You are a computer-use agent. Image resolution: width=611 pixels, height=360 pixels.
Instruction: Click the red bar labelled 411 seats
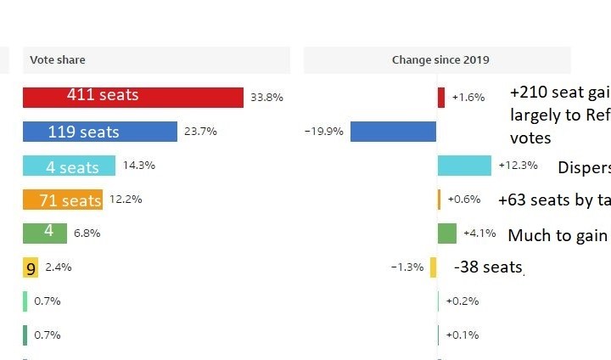click(132, 97)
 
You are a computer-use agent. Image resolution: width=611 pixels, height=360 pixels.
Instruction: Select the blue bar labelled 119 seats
click(99, 132)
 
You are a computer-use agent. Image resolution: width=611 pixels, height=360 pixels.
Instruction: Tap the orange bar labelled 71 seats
click(63, 200)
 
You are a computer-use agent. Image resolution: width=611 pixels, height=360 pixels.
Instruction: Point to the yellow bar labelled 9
click(31, 267)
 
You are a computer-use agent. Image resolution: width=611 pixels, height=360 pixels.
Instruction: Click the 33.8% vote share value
click(266, 98)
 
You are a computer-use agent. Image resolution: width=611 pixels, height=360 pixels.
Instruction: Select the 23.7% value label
click(200, 132)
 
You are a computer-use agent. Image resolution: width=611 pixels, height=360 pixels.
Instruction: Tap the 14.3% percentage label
click(139, 166)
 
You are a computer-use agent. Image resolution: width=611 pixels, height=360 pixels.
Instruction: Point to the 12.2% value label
click(126, 200)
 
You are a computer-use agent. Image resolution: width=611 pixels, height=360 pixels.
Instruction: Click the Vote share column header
click(58, 60)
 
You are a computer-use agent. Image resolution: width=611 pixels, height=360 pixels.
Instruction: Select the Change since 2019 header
click(440, 60)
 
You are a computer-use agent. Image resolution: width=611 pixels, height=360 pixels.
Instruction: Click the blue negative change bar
click(393, 132)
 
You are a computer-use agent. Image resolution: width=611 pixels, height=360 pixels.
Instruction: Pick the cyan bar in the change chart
click(464, 166)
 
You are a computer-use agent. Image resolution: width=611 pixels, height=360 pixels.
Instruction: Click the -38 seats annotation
click(488, 267)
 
